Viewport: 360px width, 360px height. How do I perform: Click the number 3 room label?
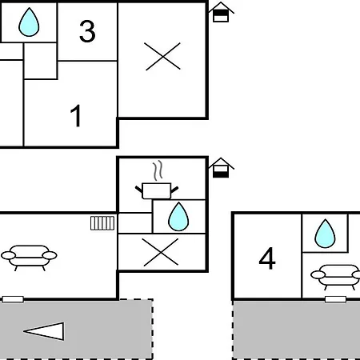87,31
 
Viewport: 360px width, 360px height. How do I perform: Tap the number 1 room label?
76,116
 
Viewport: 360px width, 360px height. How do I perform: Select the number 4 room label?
267,258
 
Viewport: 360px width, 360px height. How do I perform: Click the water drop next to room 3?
29,22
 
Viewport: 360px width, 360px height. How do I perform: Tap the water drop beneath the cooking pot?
178,217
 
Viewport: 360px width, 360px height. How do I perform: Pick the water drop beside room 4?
325,234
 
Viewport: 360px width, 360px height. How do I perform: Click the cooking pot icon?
157,190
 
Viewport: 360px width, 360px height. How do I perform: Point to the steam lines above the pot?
158,170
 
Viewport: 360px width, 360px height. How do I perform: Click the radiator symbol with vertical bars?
102,223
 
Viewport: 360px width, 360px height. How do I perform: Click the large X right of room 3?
162,56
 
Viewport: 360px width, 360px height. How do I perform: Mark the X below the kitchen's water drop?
161,252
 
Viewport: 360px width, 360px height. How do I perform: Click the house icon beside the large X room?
221,12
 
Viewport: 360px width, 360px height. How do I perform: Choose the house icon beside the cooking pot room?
221,168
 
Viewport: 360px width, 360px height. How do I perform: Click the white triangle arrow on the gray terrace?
44,331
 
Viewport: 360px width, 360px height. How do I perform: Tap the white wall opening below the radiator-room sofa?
13,299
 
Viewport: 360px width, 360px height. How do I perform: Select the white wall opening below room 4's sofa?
335,299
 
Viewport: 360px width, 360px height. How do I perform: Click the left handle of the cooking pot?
138,189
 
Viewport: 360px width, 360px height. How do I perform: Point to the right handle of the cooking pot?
174,190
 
